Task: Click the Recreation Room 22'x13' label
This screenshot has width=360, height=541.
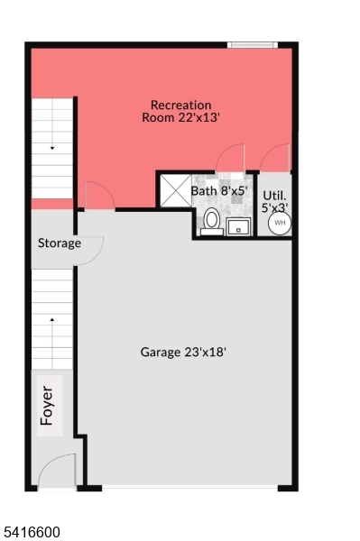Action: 180,111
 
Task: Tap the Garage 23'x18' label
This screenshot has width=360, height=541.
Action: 183,352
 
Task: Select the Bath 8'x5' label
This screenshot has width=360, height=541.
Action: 219,190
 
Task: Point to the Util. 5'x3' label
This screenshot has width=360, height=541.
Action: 275,202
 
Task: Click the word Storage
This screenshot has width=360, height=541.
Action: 60,243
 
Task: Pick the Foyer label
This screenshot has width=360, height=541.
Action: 47,406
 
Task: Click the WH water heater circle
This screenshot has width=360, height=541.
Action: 280,223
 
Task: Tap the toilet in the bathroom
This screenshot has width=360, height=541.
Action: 212,222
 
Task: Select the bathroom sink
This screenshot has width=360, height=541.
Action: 238,226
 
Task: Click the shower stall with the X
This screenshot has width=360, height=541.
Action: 175,190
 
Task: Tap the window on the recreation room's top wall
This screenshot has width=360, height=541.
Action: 253,45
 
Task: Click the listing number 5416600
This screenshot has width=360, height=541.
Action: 32,532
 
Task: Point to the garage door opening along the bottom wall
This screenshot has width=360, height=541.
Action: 189,487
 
